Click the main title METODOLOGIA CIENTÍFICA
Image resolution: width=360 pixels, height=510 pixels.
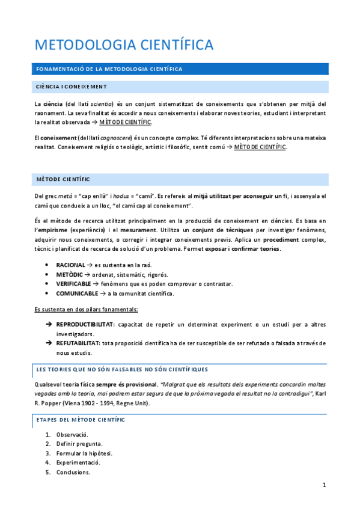tap(124, 45)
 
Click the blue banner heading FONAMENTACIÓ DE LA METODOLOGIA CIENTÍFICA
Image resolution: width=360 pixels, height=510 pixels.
tap(110, 69)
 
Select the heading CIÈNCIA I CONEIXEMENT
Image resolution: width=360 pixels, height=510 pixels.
tap(72, 87)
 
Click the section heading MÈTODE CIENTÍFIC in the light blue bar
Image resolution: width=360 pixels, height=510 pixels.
tap(63, 179)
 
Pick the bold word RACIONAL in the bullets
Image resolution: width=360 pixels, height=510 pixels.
tap(70, 265)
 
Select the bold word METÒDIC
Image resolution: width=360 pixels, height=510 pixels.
tap(69, 274)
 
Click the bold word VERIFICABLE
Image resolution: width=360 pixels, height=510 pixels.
tap(73, 284)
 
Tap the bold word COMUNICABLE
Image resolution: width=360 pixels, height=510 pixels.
tap(77, 293)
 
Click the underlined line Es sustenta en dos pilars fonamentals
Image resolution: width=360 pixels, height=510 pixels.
tap(86, 309)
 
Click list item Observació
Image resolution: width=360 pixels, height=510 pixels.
tap(72, 434)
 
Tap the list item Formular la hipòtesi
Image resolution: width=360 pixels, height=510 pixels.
tap(84, 453)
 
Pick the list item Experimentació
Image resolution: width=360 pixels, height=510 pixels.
tap(78, 462)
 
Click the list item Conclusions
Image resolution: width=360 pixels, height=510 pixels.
tap(73, 472)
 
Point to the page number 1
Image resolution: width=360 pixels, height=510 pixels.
tap(324, 485)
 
